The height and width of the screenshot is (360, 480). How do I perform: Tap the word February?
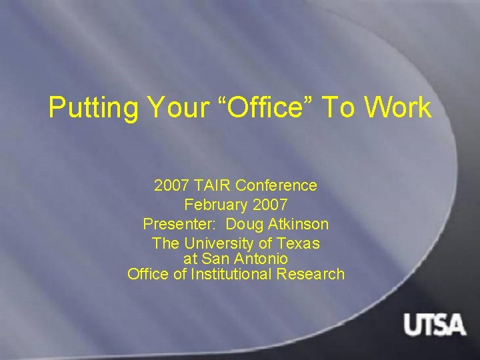pyautogui.click(x=213, y=205)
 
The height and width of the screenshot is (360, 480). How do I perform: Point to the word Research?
pyautogui.click(x=313, y=273)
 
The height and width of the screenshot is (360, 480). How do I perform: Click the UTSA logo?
pyautogui.click(x=434, y=325)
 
